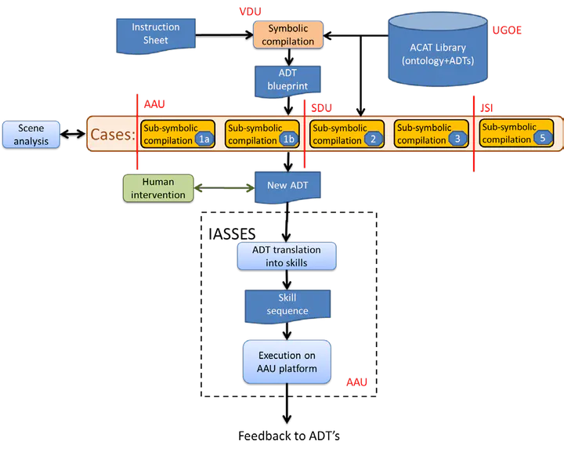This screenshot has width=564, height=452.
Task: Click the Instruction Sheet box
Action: (x=155, y=32)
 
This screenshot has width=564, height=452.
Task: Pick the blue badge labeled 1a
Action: (x=205, y=140)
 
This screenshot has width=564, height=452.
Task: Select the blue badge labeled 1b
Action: (x=288, y=140)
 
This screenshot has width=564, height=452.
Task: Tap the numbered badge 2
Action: (x=373, y=140)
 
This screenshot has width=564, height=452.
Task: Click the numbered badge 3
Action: (x=457, y=140)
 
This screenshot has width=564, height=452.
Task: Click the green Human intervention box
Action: (x=157, y=188)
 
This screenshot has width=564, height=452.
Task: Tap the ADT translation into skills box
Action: (x=286, y=256)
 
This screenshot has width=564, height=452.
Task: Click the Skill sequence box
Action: (x=286, y=305)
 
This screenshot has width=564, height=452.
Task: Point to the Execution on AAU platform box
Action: (x=286, y=361)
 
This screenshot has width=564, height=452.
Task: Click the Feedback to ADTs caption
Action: (x=289, y=434)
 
